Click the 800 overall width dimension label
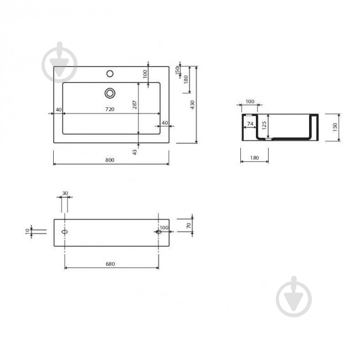[x=110, y=160]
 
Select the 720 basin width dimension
[x=110, y=109]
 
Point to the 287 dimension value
[x=135, y=105]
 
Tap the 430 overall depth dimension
[x=192, y=105]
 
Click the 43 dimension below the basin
[x=135, y=152]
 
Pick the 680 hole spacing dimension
[x=110, y=264]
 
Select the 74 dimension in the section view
[x=250, y=124]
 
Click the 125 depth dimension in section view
[x=264, y=125]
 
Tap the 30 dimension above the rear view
[x=65, y=193]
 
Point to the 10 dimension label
[x=28, y=231]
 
